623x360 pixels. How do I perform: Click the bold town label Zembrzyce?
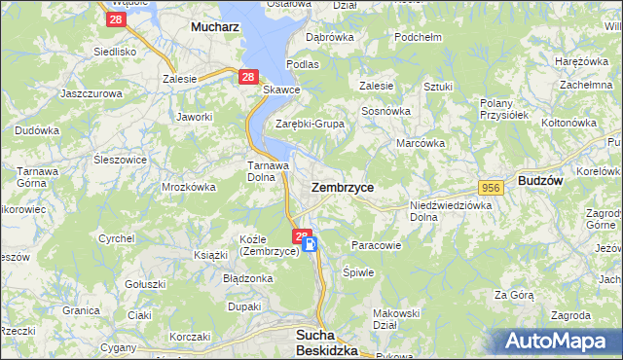(342, 186)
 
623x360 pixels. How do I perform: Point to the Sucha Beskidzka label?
(327, 342)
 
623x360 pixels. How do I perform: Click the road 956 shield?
(490, 187)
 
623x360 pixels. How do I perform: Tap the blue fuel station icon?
(311, 245)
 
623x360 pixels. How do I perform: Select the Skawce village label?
(281, 90)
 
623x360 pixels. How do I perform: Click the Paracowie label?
(376, 245)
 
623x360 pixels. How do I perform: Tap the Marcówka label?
(421, 143)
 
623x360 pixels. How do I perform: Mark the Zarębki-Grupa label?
(311, 124)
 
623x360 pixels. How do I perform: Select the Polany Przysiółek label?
(503, 108)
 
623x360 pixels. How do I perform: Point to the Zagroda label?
(569, 315)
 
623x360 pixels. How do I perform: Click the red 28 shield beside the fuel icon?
(300, 235)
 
